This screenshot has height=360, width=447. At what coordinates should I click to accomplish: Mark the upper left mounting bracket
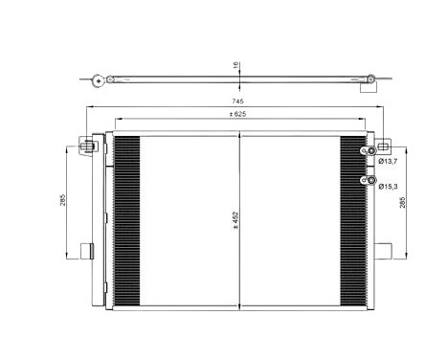click(87, 146)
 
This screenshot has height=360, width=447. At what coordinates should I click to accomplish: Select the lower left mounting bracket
click(85, 252)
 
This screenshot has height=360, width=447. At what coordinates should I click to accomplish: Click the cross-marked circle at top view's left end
click(96, 80)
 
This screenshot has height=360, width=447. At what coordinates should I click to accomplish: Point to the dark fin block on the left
click(126, 217)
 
